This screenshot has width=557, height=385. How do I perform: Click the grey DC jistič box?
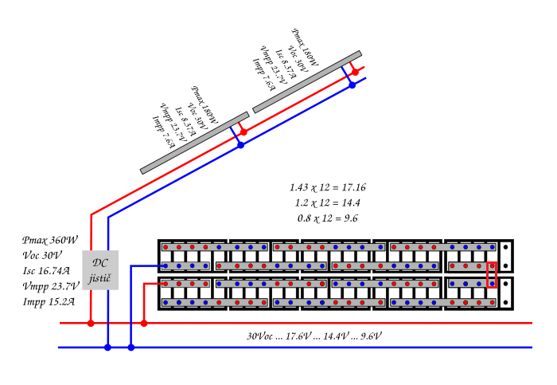[x=100, y=270]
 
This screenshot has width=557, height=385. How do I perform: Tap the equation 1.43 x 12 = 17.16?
[x=328, y=187]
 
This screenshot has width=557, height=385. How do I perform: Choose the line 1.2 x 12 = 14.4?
[x=328, y=202]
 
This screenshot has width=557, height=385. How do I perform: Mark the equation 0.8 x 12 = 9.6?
[x=328, y=218]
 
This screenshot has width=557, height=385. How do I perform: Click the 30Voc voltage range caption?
[x=314, y=336]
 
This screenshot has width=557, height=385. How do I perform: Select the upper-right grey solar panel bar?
[x=307, y=82]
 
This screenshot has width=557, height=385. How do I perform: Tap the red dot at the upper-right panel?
[x=356, y=72]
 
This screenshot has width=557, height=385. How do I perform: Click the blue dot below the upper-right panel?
[x=353, y=84]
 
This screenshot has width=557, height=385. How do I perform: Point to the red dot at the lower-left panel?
[x=243, y=132]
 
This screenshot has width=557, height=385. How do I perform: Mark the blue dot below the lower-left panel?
[x=240, y=145]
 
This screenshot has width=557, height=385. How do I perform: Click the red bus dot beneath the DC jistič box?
[x=90, y=324]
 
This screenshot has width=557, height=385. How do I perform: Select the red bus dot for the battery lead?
[x=144, y=324]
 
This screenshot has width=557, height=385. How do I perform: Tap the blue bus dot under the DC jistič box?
[x=107, y=348]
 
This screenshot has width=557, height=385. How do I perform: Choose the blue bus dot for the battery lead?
[x=131, y=348]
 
